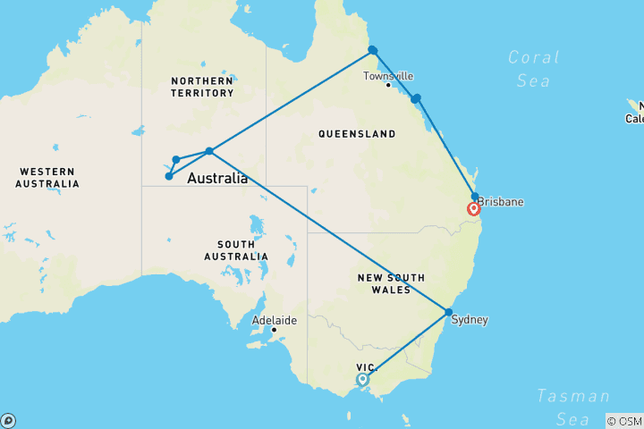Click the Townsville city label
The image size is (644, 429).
point(388,76)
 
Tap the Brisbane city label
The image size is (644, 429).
point(501,203)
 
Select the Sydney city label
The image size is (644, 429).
point(470,319)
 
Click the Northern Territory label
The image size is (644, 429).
point(202,87)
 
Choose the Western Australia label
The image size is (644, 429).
point(47,177)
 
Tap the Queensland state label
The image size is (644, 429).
point(357,134)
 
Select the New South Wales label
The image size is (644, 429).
point(391,283)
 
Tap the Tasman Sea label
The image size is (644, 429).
point(572,407)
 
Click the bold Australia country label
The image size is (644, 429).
point(217,179)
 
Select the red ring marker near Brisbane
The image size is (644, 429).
point(474,209)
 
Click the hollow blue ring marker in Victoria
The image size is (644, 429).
point(362,379)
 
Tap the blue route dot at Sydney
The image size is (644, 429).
point(448,312)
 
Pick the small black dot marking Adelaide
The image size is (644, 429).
point(274,330)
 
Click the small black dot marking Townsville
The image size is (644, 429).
point(387,85)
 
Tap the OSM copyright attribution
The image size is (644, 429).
point(623,420)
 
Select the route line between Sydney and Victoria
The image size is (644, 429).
point(407,344)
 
